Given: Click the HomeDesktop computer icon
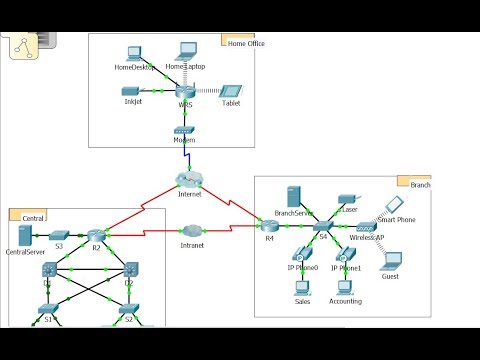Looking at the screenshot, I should (134, 53).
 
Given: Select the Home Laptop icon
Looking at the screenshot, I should (186, 50).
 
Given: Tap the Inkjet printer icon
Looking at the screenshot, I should (131, 91).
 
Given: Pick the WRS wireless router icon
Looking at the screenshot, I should (184, 91).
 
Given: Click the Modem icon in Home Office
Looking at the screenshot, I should (183, 131).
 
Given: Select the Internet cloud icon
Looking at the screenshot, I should (188, 180).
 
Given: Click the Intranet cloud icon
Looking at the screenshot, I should (193, 231).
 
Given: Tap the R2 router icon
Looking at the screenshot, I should (97, 234).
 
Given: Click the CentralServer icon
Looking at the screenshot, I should (25, 237).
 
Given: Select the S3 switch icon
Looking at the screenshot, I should (58, 235).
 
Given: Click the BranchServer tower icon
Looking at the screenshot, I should (294, 197).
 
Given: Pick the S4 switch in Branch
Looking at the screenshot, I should (322, 227).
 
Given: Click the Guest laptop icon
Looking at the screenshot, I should (390, 262).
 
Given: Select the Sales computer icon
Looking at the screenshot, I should (302, 287).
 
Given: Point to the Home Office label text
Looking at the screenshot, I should (246, 44).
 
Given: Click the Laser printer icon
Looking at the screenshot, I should (347, 199).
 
